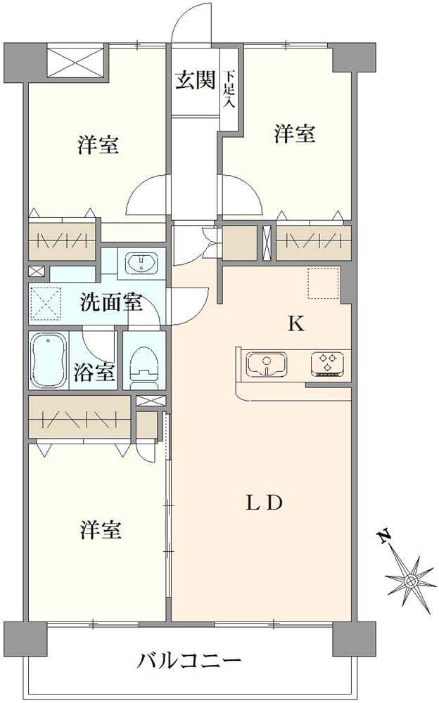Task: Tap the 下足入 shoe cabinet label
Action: [229, 89]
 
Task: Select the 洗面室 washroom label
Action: [111, 303]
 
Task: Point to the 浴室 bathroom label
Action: [94, 371]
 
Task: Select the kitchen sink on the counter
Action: [266, 364]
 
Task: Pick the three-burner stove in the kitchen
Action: [327, 363]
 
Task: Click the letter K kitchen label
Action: [295, 324]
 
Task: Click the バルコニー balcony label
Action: [190, 662]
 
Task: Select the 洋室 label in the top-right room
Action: [294, 134]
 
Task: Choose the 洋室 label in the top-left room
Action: [98, 146]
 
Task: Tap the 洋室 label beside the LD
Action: [100, 530]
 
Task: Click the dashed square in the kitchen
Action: [323, 283]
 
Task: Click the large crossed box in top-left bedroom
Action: [77, 62]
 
